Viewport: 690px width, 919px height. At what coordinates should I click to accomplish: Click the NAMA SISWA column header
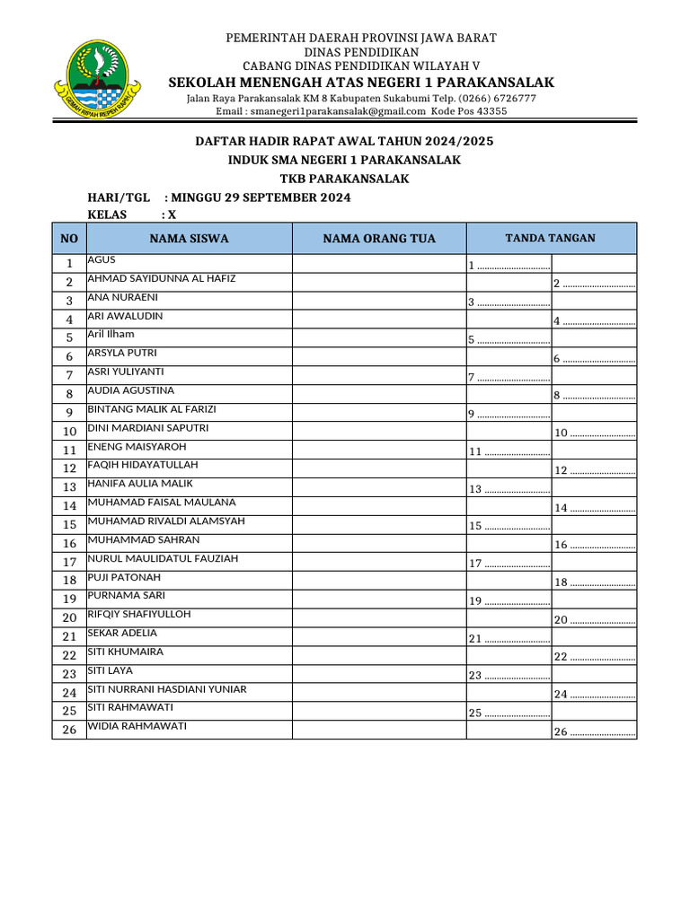pyautogui.click(x=189, y=239)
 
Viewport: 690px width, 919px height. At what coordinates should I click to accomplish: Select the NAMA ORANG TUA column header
pyautogui.click(x=379, y=239)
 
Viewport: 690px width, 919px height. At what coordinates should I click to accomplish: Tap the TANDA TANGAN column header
pyautogui.click(x=550, y=238)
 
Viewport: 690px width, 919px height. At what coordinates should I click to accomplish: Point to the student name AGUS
pyautogui.click(x=102, y=259)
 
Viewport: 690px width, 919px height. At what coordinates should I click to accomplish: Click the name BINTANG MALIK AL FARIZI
pyautogui.click(x=152, y=409)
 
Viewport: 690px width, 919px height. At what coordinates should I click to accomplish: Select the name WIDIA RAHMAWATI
pyautogui.click(x=137, y=726)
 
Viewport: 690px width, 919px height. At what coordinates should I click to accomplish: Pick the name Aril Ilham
pyautogui.click(x=111, y=334)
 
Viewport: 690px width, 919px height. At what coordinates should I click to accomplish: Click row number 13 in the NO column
pyautogui.click(x=69, y=487)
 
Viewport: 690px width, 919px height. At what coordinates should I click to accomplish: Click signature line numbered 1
pyautogui.click(x=509, y=266)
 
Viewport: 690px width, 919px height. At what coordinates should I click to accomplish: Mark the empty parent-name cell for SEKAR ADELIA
pyautogui.click(x=378, y=637)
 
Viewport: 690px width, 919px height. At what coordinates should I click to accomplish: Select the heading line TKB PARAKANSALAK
pyautogui.click(x=344, y=179)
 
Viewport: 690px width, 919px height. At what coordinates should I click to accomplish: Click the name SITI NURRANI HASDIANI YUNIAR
pyautogui.click(x=167, y=689)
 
